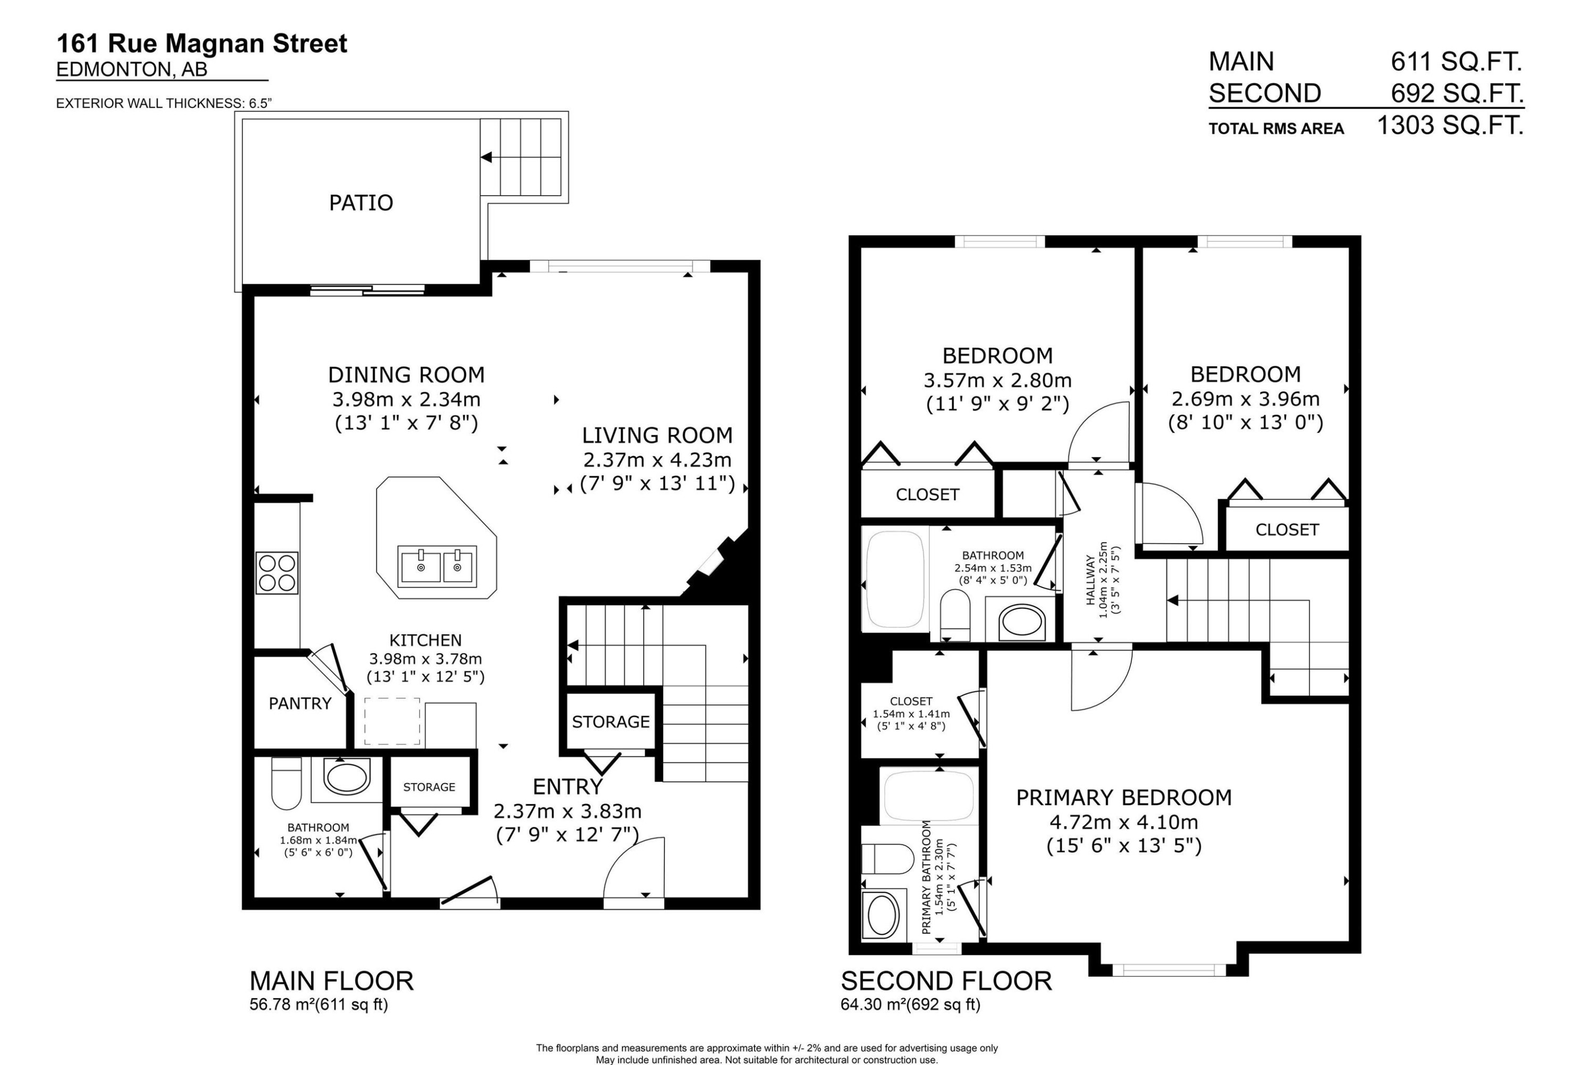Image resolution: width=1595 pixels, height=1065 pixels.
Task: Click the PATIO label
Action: tap(360, 203)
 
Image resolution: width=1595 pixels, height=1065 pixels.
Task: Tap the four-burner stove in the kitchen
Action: tap(277, 573)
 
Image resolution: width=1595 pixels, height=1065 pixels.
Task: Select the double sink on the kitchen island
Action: tap(438, 566)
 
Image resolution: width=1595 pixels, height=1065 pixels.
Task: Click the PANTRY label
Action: tap(300, 703)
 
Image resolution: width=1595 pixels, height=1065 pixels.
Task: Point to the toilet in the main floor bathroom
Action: tap(286, 783)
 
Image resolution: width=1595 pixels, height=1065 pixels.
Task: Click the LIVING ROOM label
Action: tap(657, 435)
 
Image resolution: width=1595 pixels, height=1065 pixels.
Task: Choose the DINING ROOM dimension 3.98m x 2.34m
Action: tap(406, 399)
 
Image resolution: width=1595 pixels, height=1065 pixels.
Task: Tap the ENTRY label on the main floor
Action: tap(568, 786)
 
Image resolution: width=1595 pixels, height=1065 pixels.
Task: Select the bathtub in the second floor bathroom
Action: tap(895, 580)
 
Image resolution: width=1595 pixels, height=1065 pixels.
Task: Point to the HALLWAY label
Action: tap(1090, 580)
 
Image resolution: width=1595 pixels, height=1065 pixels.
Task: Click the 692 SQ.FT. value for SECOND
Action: tap(1456, 93)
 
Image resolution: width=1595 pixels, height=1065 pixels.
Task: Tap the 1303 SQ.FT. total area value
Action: tap(1450, 125)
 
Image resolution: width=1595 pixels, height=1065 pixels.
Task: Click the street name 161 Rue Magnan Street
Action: tap(202, 44)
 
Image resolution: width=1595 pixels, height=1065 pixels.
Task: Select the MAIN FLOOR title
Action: tap(331, 981)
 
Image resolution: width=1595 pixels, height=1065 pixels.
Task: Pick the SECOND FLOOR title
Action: tap(946, 981)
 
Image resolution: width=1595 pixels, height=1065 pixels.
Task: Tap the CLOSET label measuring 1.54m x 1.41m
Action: tap(911, 701)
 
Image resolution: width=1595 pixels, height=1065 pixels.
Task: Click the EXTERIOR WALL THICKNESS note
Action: tap(164, 103)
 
